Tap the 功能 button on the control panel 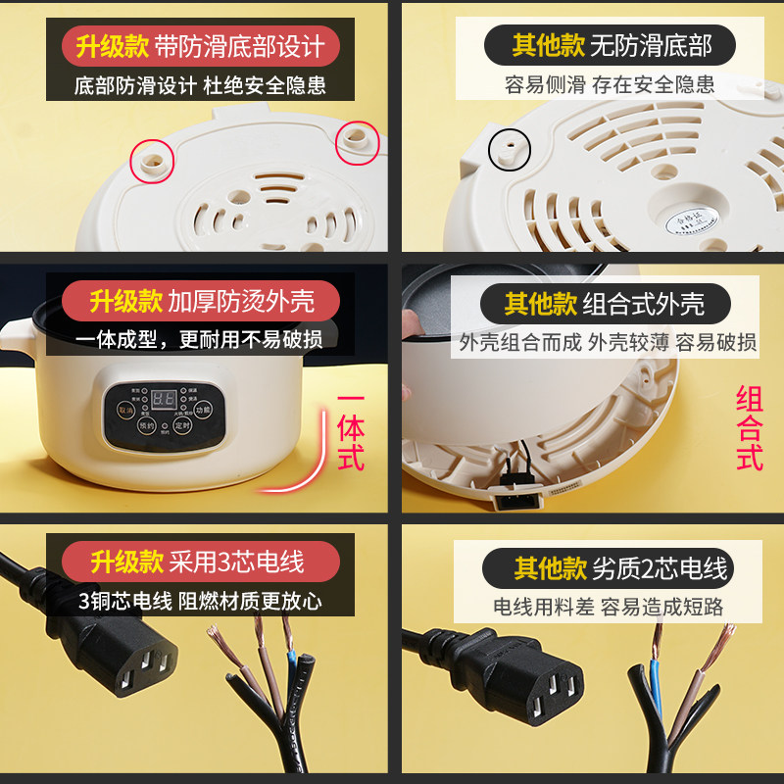click(203, 411)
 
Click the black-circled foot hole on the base click(511, 147)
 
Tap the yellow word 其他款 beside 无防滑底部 click(548, 46)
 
